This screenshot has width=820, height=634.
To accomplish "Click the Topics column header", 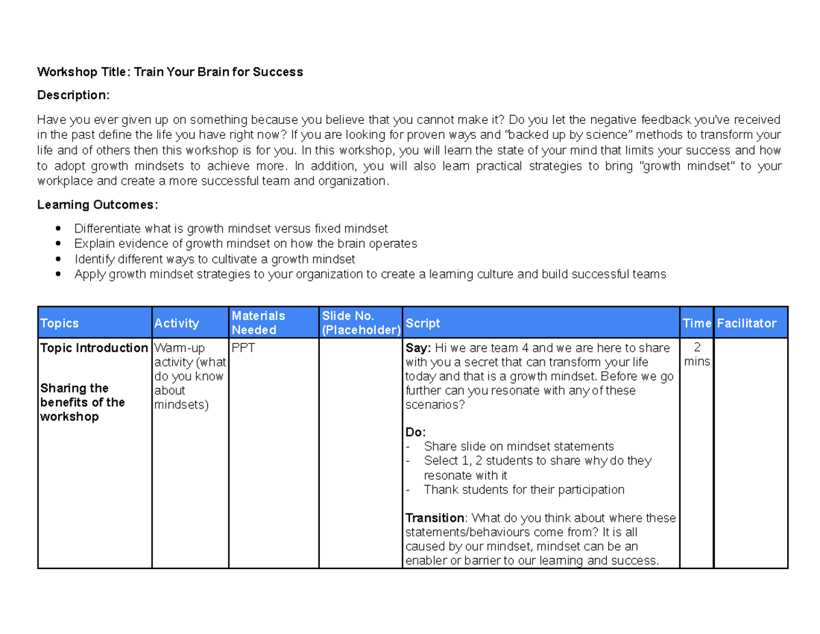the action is click(60, 323).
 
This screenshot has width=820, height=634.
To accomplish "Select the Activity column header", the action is click(176, 323).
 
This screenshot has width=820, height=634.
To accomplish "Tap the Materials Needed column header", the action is click(258, 323).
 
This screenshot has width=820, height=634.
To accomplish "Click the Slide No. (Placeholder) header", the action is click(361, 323).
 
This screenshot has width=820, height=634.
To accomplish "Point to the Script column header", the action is click(422, 323).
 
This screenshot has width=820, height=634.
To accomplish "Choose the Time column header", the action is click(696, 323).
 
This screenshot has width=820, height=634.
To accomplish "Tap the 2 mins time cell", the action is click(697, 354).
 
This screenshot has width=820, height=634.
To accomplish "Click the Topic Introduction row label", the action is click(94, 348).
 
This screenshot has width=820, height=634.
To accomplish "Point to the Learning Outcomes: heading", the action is click(98, 204).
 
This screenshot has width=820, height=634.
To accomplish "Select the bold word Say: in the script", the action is click(418, 348).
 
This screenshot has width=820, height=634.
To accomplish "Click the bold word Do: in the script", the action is click(415, 433).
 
